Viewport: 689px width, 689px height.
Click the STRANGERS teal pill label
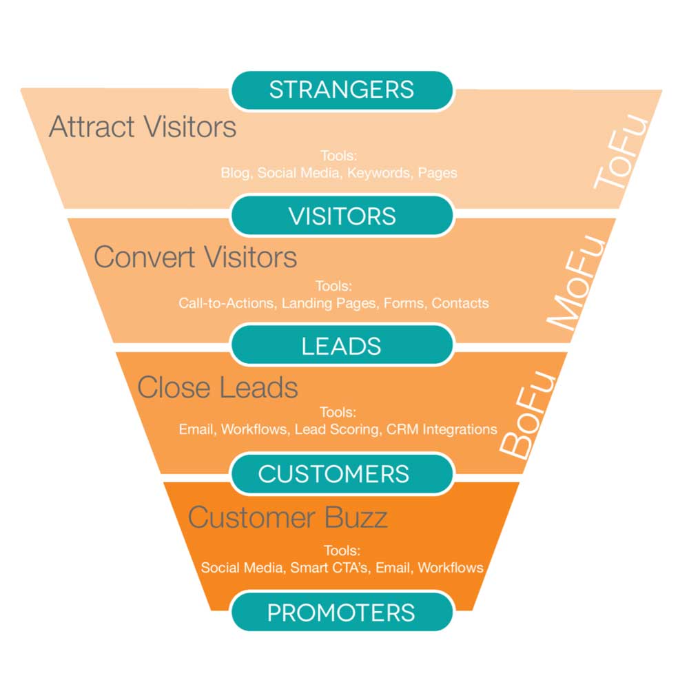(x=342, y=90)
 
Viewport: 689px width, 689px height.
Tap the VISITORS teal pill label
(x=342, y=216)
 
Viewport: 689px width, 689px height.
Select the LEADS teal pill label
(x=342, y=346)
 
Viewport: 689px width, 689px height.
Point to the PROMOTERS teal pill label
(x=342, y=613)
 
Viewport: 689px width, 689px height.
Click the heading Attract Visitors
(x=143, y=127)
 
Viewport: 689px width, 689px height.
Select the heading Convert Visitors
(x=195, y=257)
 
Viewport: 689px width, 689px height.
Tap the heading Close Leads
(x=217, y=387)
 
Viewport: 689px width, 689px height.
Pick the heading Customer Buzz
(x=287, y=517)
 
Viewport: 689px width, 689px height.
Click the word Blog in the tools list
(x=234, y=173)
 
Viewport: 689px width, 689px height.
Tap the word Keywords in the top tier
(x=378, y=173)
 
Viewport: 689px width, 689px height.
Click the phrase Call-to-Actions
(x=227, y=302)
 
